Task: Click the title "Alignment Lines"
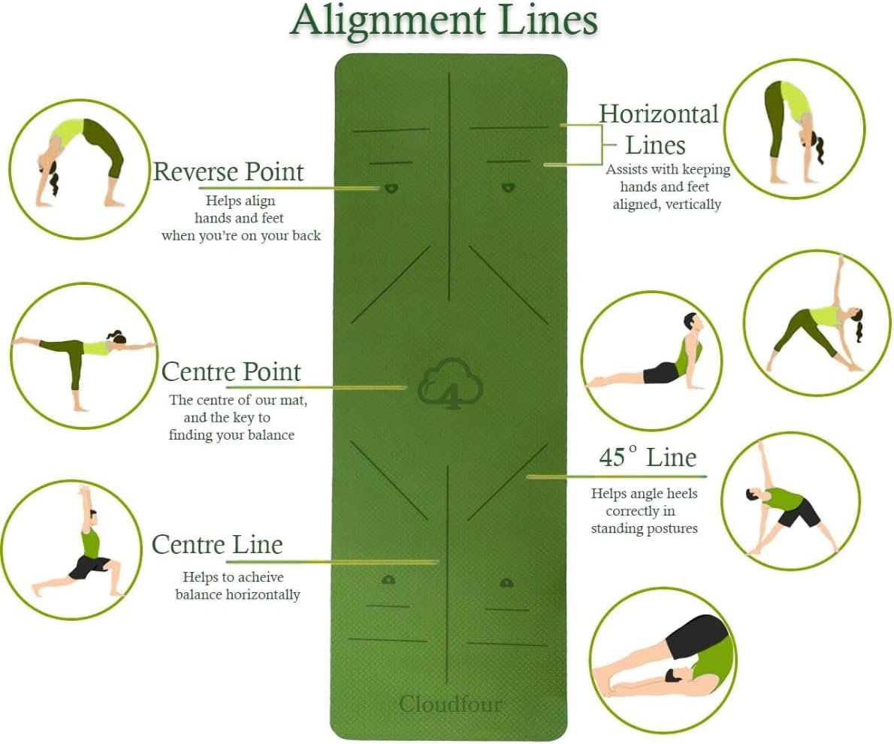444,21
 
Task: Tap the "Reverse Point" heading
228,171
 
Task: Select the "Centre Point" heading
231,372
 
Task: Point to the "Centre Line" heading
217,545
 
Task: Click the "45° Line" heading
648,458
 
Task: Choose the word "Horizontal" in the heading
659,114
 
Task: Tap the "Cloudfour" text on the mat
450,704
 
